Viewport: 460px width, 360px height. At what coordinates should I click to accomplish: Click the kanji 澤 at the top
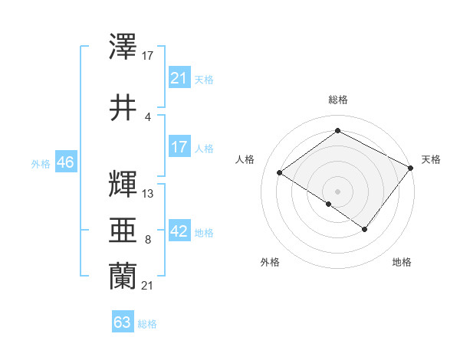(123, 47)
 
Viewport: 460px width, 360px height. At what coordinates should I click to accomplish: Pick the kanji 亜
(123, 231)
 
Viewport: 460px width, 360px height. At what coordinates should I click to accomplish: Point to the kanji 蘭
(123, 277)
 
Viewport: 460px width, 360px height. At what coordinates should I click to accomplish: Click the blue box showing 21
(179, 78)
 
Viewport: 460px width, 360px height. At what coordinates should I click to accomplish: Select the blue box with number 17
(179, 147)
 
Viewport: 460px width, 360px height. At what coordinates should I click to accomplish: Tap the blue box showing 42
(179, 232)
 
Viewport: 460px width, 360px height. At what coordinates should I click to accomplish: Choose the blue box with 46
(65, 162)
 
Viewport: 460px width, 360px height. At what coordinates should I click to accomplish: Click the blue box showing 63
(122, 322)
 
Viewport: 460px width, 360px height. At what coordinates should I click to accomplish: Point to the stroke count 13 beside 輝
(148, 194)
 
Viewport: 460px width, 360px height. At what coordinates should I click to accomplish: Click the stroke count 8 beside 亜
(147, 240)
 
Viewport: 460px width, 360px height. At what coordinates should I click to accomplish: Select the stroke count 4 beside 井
(147, 116)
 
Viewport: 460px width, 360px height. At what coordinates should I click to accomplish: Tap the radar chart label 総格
(338, 100)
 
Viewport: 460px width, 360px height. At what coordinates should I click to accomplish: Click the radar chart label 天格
(431, 159)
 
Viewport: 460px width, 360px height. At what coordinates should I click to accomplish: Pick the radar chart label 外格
(270, 262)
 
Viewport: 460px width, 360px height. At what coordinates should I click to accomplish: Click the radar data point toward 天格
(412, 168)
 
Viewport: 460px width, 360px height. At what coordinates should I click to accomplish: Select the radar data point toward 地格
(365, 229)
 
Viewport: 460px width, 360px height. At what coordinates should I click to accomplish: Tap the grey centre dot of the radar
(337, 191)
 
